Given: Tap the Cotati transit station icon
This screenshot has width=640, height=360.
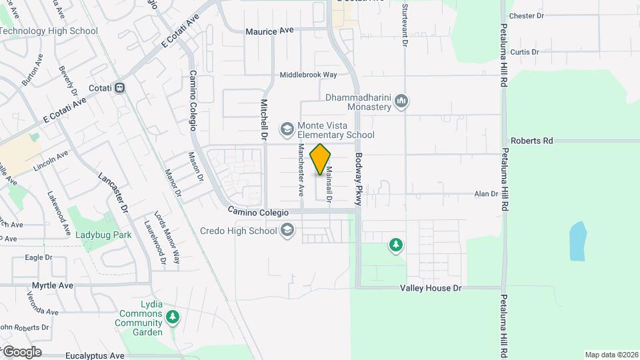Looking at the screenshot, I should point(120,87).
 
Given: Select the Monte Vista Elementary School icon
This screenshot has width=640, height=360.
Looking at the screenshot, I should point(287,129).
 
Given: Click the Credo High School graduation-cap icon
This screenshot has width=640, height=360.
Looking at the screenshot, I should point(287,231).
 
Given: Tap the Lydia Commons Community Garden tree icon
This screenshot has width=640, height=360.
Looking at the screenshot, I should point(173,316).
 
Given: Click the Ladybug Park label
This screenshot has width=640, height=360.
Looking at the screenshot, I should point(103,235).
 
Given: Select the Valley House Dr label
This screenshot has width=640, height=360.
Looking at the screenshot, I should point(431,288).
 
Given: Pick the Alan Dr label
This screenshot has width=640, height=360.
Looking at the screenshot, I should point(486,194).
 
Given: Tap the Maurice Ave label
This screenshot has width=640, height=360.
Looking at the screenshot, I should point(269,31).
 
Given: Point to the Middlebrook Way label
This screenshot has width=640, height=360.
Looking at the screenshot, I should point(308,75).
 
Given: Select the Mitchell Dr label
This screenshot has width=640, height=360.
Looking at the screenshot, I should point(263,120).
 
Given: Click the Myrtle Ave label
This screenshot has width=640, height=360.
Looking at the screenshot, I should point(53,285).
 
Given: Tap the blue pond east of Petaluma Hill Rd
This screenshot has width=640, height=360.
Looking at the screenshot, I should point(577,241).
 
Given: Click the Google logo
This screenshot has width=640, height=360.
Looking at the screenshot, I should point(21,351).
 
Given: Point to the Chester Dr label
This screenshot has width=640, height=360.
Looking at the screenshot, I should point(527,15).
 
